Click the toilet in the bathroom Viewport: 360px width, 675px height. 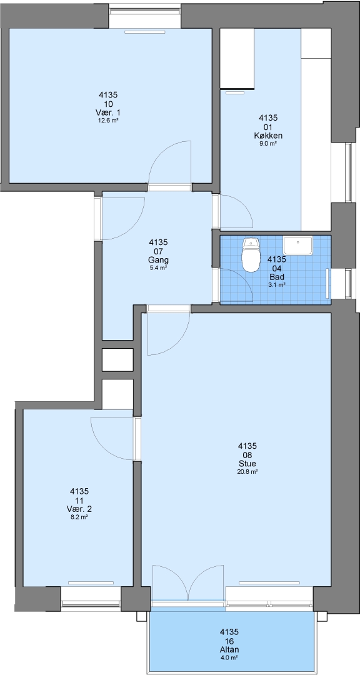pyautogui.click(x=251, y=255)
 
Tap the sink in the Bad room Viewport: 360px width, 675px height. pyautogui.click(x=297, y=246)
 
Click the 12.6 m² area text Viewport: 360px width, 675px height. pyautogui.click(x=108, y=121)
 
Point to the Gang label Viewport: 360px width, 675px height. pyautogui.click(x=158, y=260)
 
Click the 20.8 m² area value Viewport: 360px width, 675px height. pyautogui.click(x=247, y=472)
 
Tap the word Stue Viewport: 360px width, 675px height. pyautogui.click(x=247, y=464)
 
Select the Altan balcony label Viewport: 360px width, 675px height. pyautogui.click(x=229, y=649)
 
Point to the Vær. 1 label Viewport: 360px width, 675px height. pyautogui.click(x=108, y=112)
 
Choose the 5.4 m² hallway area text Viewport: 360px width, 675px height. pyautogui.click(x=158, y=268)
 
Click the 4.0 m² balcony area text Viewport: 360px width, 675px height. pyautogui.click(x=229, y=657)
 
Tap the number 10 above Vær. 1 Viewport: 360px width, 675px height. pyautogui.click(x=108, y=104)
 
